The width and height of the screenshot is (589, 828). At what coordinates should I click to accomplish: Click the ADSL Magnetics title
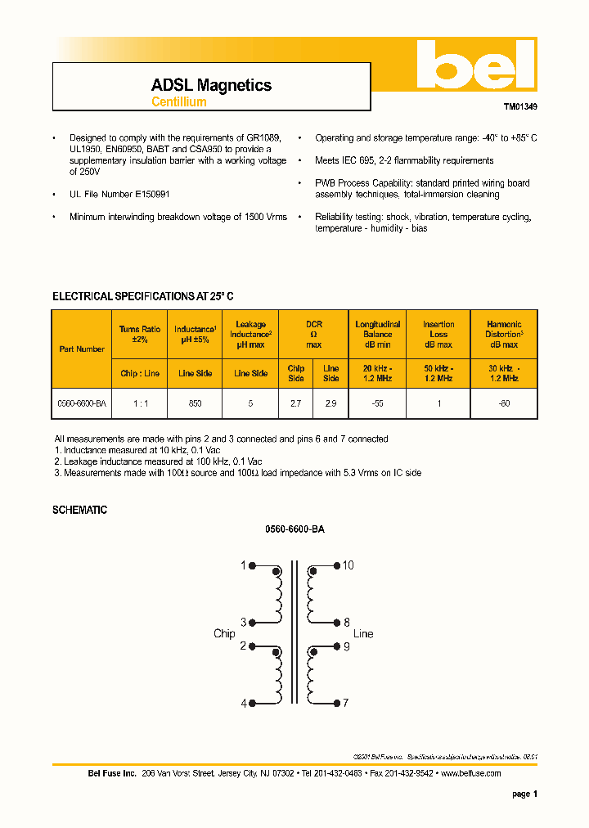211,85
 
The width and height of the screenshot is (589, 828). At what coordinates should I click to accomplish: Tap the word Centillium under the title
178,102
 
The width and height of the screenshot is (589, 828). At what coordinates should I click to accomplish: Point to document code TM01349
520,106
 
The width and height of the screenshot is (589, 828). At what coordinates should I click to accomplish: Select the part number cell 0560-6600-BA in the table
82,404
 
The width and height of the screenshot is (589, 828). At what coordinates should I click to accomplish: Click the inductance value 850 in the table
195,404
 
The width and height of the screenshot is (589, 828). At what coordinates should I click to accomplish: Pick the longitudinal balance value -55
377,404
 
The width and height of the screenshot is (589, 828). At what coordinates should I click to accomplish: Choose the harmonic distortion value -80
504,404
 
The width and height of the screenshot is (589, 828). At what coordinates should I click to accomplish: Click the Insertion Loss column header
438,335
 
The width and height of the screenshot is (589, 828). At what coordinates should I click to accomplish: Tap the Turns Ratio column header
140,334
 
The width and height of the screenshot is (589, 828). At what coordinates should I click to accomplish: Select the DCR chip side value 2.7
296,404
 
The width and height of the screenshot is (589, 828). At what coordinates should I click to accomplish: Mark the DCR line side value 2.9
330,404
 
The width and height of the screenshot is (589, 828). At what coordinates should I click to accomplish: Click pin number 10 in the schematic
348,565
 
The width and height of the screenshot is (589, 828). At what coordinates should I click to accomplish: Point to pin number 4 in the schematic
243,704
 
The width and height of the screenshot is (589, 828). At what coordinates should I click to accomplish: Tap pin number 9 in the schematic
346,646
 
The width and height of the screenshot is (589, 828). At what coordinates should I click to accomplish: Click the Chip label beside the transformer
224,634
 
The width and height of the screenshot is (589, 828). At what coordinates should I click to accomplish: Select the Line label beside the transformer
363,634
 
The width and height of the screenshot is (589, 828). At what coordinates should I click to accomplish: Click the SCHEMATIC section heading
79,510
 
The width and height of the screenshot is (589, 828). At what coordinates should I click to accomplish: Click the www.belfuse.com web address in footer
470,773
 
